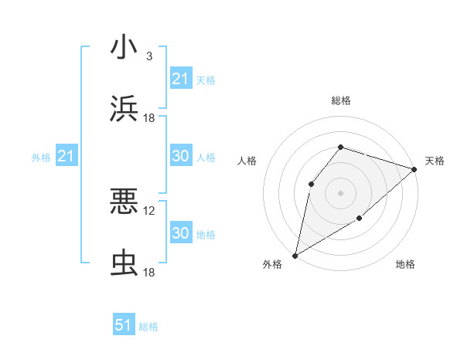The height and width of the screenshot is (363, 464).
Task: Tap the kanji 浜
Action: pos(124,109)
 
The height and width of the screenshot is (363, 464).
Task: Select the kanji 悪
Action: pos(124,202)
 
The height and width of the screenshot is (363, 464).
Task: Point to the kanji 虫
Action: pos(124,263)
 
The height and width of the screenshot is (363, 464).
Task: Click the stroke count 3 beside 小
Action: pos(148,56)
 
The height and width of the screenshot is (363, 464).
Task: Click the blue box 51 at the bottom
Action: pos(124,325)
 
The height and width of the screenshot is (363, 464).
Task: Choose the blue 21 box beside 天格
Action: pos(180,79)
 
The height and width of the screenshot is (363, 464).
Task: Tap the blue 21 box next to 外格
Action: pos(66,157)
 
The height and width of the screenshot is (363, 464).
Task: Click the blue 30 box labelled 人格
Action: pos(180,156)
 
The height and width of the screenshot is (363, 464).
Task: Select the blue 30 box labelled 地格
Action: pos(180,233)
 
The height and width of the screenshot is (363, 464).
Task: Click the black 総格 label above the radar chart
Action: pos(340,100)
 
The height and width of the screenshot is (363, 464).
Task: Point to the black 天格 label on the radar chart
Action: pos(435,161)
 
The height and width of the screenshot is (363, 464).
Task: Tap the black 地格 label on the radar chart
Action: pos(405,265)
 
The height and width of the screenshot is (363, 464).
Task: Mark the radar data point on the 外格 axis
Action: pos(295,255)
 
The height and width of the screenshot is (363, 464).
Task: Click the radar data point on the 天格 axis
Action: pos(415,168)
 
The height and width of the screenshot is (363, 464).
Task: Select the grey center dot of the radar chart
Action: pos(340,192)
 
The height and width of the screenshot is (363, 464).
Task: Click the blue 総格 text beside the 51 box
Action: pos(148,327)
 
